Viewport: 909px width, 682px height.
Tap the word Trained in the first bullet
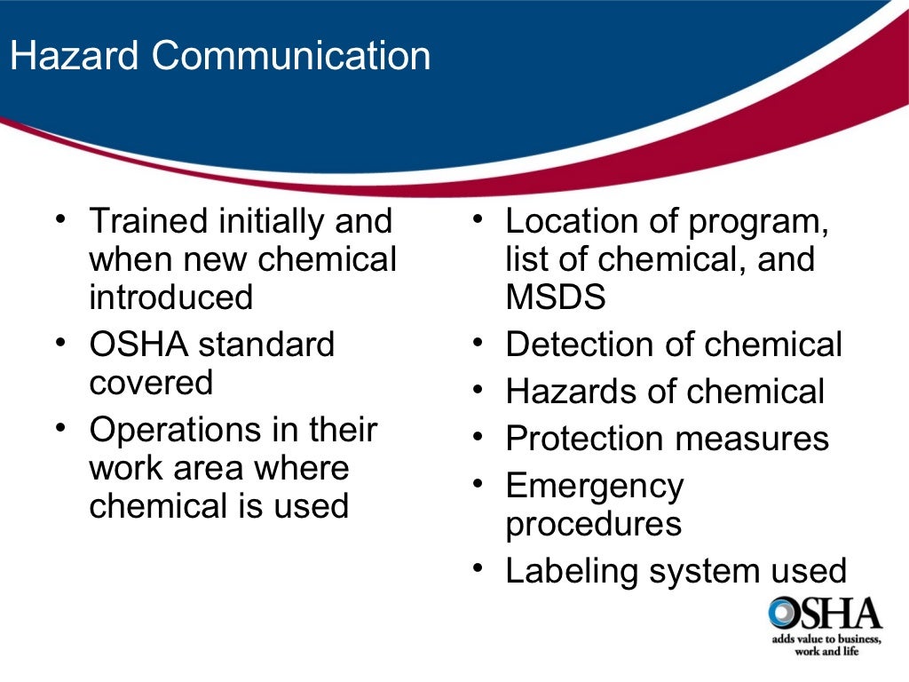pyautogui.click(x=148, y=221)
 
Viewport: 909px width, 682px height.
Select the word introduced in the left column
pyautogui.click(x=170, y=297)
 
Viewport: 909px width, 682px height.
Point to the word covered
pyautogui.click(x=151, y=383)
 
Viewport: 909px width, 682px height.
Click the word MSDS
pyautogui.click(x=556, y=297)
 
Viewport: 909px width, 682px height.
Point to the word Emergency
pyautogui.click(x=595, y=487)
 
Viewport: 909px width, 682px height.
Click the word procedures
pyautogui.click(x=593, y=524)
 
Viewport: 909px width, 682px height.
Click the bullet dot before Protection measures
pyautogui.click(x=478, y=437)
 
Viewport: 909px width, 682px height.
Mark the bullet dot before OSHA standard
pyautogui.click(x=60, y=343)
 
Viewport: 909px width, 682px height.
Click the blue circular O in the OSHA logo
pyautogui.click(x=785, y=613)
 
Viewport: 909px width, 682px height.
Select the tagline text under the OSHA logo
pyautogui.click(x=825, y=646)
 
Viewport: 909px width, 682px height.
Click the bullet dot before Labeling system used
pyautogui.click(x=478, y=568)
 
